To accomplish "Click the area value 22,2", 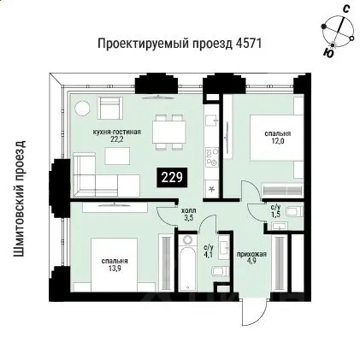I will pos(116,142).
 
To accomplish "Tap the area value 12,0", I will pos(276,142).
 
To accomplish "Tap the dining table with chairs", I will pos(168,131).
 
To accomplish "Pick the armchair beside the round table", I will pos(110,109).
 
